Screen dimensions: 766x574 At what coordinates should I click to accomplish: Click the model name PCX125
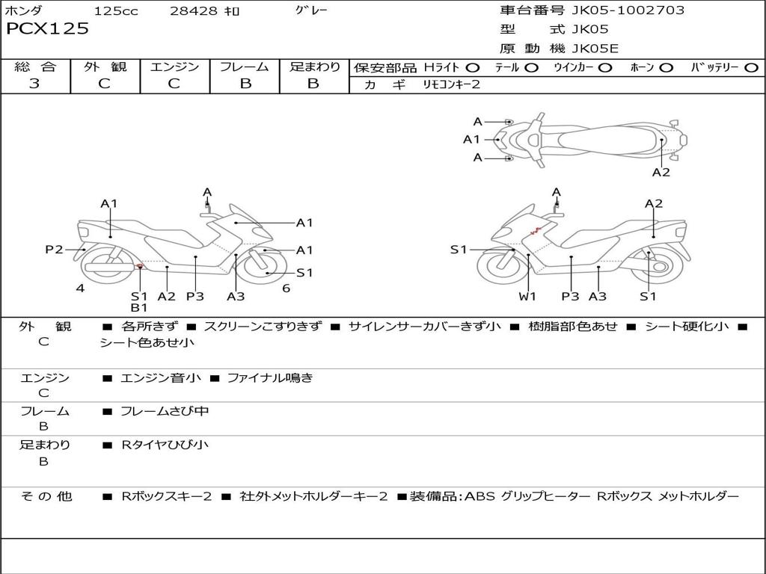pyautogui.click(x=47, y=28)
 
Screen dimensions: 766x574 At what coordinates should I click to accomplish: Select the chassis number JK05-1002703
pyautogui.click(x=628, y=10)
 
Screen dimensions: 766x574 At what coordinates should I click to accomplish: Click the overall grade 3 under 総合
pyautogui.click(x=34, y=84)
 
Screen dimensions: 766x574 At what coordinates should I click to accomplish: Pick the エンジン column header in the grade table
pyautogui.click(x=174, y=67)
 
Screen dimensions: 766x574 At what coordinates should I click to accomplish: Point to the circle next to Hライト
pyautogui.click(x=473, y=68)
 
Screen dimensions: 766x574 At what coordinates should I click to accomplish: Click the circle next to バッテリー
pyautogui.click(x=751, y=68)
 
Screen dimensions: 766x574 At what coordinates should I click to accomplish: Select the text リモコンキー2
pyautogui.click(x=451, y=84)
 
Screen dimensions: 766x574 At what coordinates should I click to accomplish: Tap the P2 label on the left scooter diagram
pyautogui.click(x=54, y=250)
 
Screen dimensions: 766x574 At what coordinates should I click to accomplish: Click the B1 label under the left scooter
pyautogui.click(x=139, y=307)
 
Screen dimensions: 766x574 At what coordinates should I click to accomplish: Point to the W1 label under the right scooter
pyautogui.click(x=527, y=296)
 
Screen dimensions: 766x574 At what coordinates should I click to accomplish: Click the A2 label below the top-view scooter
pyautogui.click(x=661, y=173)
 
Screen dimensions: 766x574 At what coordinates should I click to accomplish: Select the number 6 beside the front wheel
pyautogui.click(x=287, y=288)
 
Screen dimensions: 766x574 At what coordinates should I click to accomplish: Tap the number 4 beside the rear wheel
pyautogui.click(x=80, y=288)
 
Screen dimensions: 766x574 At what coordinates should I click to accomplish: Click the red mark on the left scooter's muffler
pyautogui.click(x=140, y=267)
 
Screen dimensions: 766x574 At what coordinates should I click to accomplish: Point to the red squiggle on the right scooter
pyautogui.click(x=536, y=231)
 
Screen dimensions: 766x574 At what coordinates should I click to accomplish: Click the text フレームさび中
pyautogui.click(x=165, y=412)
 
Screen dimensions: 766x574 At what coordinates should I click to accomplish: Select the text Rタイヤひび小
pyautogui.click(x=165, y=445)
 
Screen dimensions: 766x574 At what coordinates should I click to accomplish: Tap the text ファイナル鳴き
pyautogui.click(x=269, y=377)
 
